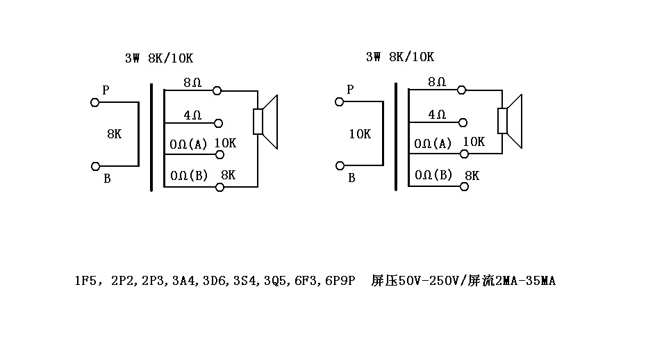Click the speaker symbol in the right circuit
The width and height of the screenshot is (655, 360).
(x=511, y=120)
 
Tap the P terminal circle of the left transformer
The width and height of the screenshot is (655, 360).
(x=95, y=102)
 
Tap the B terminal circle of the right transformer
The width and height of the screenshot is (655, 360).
(x=340, y=165)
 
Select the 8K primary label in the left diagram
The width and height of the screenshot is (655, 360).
(x=115, y=134)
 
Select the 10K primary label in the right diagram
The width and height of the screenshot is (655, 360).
(x=359, y=134)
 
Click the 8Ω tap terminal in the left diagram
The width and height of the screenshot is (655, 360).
(x=217, y=90)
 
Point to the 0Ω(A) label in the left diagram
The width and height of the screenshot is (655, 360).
(x=189, y=145)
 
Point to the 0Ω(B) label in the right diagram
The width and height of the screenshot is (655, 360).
(x=433, y=175)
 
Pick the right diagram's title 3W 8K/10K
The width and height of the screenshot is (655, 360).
(x=399, y=57)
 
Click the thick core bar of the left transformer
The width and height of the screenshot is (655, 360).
(x=151, y=137)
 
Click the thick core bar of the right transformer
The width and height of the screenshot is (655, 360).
(x=396, y=136)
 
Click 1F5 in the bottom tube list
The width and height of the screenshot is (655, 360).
(x=85, y=281)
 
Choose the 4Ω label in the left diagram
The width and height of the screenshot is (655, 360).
(x=192, y=115)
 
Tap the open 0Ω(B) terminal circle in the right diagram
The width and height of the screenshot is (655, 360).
(x=463, y=186)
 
